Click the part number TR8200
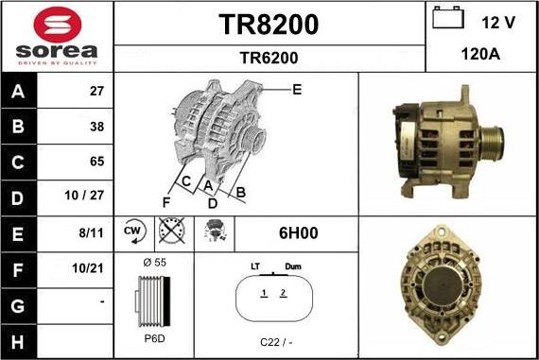point(269,25)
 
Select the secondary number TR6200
point(269,58)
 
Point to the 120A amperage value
point(481,55)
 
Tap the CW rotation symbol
point(133,231)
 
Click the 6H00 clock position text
point(297,231)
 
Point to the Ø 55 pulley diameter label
point(153,261)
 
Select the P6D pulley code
point(153,338)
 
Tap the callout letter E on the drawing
point(296,90)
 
